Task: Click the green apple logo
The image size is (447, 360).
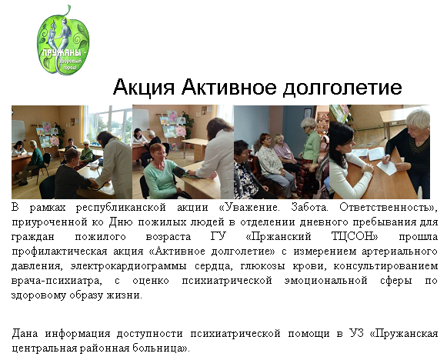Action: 63,41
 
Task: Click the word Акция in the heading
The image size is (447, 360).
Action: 143,87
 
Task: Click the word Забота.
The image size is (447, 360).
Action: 309,207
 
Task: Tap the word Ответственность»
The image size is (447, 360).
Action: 389,208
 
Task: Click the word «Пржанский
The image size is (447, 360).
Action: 278,237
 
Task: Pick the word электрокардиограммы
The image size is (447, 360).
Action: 128,266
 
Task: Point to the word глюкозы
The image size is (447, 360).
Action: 263,266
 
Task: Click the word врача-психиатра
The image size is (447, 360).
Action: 57,281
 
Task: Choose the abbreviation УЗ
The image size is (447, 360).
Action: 356,333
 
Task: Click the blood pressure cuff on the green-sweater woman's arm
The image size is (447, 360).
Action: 180,172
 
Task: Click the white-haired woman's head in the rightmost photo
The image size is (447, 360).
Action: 418,121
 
